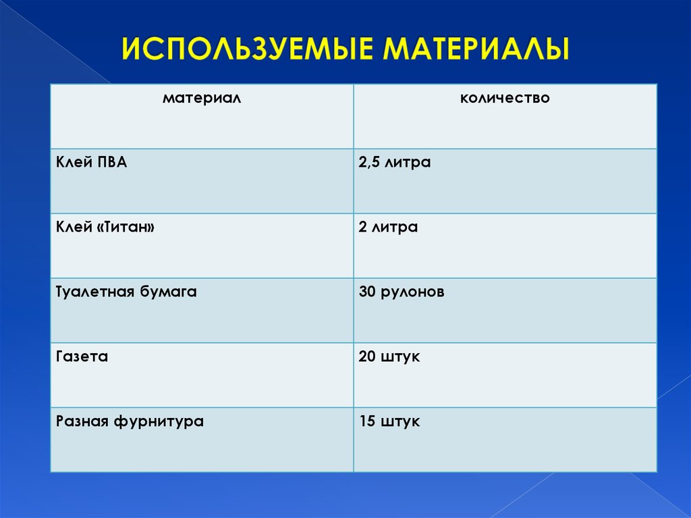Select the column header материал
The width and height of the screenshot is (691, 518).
tap(202, 99)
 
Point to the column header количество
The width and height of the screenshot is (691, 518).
tap(505, 99)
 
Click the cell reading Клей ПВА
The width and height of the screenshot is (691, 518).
tap(91, 163)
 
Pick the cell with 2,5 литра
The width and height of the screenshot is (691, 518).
tap(395, 163)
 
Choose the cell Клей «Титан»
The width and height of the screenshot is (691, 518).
tap(105, 228)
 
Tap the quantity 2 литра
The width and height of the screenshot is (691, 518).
tap(388, 228)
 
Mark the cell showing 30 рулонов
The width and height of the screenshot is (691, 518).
tap(402, 292)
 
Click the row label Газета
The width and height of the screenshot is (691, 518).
tap(82, 357)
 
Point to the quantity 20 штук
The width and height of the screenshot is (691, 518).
tap(389, 357)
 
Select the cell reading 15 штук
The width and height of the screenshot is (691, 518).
tap(389, 421)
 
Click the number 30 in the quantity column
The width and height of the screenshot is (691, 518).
tap(368, 292)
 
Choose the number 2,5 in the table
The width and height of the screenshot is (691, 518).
tap(370, 163)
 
